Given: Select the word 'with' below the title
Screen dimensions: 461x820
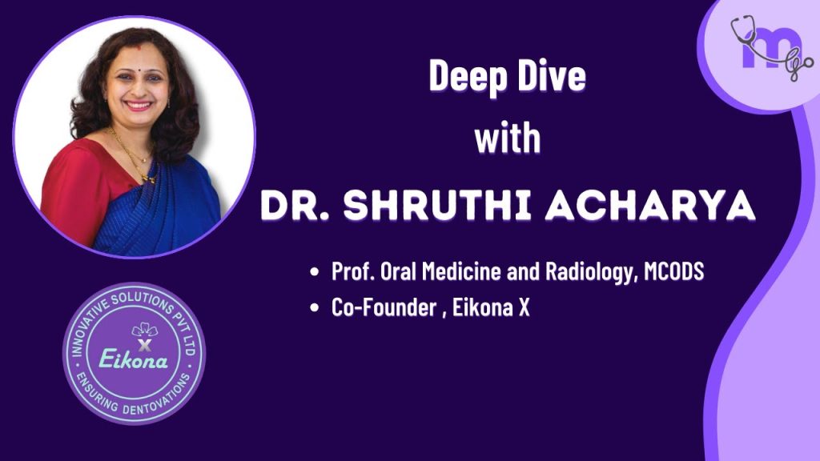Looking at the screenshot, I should click(507, 138).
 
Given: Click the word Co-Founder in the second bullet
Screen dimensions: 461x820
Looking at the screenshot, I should click(380, 308).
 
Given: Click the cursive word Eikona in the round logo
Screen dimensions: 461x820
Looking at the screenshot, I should click(135, 359).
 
